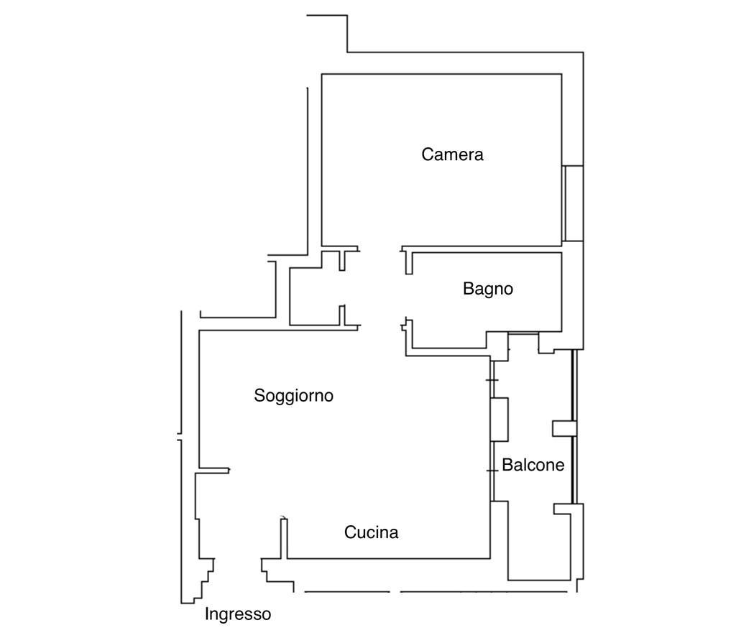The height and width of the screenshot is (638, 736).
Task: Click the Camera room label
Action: click(x=452, y=154)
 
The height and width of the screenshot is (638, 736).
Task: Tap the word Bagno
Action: click(x=488, y=289)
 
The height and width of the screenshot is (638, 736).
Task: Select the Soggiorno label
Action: click(x=293, y=395)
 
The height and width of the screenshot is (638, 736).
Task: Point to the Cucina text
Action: click(x=371, y=532)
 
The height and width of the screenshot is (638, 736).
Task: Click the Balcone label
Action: click(x=533, y=465)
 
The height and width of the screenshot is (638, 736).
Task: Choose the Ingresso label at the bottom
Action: click(x=237, y=614)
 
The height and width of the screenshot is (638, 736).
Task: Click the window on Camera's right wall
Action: click(x=572, y=203)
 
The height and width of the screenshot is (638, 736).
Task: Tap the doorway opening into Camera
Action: click(x=379, y=248)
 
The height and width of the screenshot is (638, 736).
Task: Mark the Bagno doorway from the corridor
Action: click(x=408, y=296)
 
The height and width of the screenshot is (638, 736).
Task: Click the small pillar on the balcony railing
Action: click(x=563, y=428)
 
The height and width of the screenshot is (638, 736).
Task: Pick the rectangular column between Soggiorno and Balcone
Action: click(x=500, y=420)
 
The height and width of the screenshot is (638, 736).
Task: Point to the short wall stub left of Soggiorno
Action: click(x=214, y=470)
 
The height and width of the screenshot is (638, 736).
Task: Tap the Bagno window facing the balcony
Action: click(x=523, y=333)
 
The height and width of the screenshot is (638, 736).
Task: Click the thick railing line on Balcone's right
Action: click(x=573, y=427)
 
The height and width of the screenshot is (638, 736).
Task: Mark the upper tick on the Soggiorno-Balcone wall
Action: click(x=492, y=380)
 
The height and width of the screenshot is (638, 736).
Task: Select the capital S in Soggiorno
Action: click(x=259, y=395)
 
